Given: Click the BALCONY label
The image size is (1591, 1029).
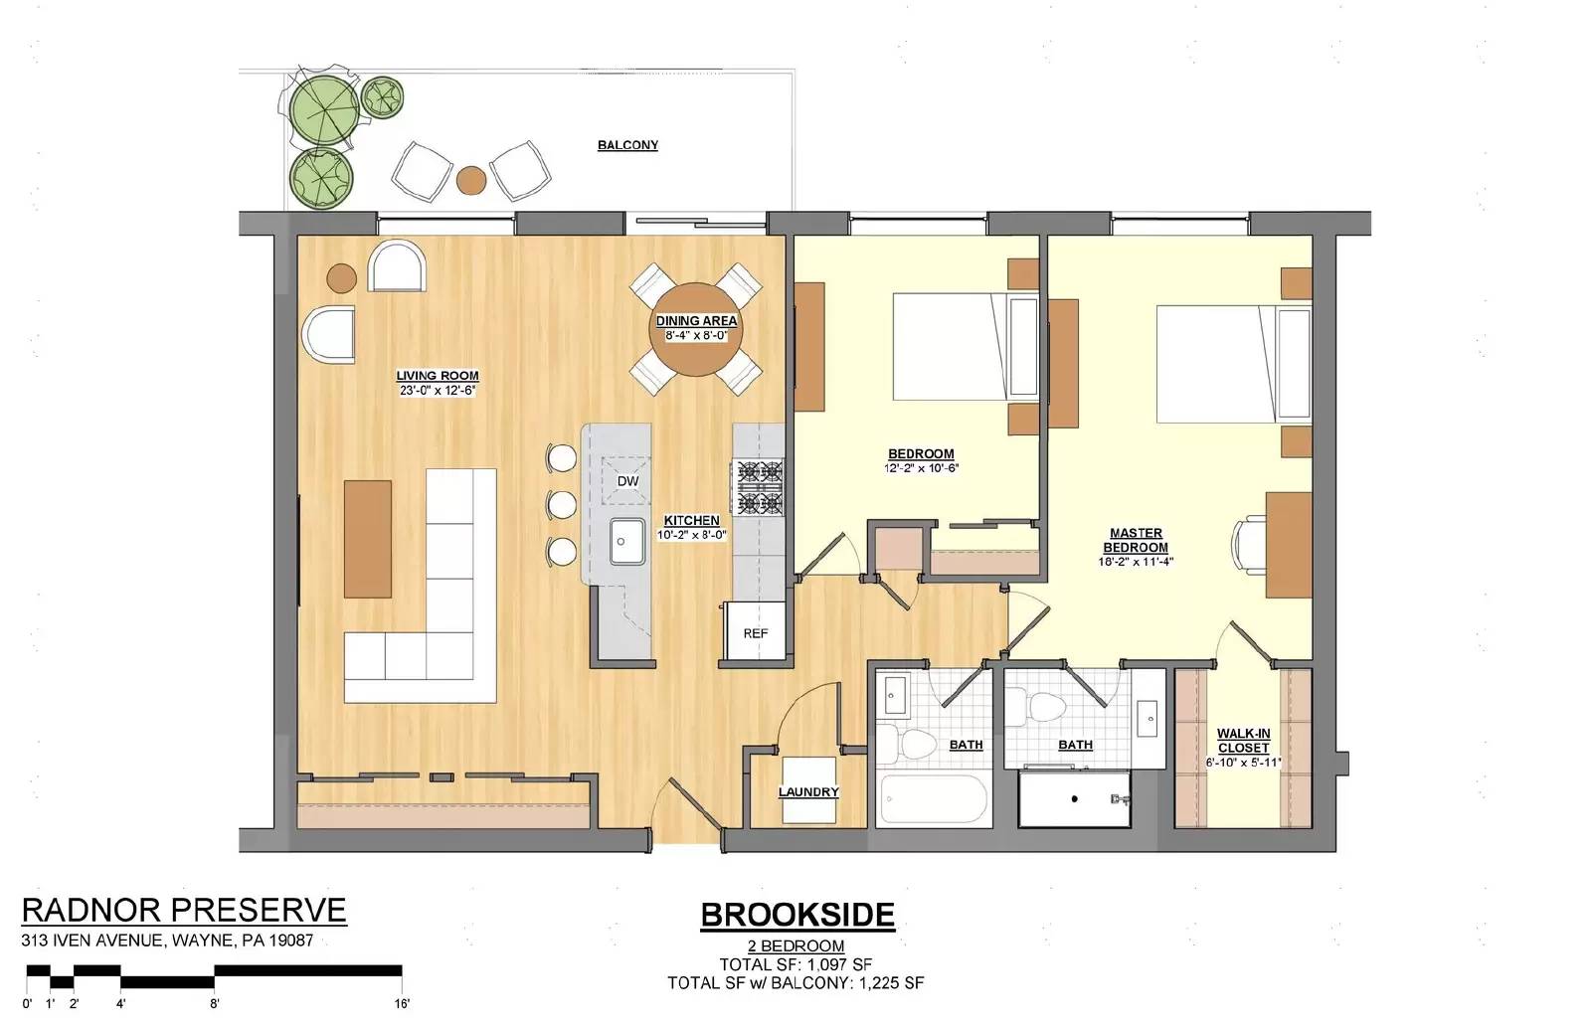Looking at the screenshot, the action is (x=627, y=145).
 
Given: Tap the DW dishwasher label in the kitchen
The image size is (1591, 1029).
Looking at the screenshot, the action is (x=627, y=481).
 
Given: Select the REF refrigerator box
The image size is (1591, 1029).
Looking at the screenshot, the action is (x=755, y=631).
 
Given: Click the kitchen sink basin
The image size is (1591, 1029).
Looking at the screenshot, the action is (x=627, y=541).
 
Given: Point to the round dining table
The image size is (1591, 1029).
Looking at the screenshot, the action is (x=696, y=329).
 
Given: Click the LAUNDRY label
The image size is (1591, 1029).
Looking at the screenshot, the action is (x=808, y=791).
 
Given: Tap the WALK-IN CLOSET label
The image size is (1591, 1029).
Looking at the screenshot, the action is (x=1243, y=741).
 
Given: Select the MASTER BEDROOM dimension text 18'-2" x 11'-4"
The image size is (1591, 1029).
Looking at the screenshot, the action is (x=1136, y=562).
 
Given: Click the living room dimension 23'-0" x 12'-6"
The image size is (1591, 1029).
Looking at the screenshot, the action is (x=438, y=390).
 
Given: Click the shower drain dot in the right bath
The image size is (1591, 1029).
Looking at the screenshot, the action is (x=1075, y=799).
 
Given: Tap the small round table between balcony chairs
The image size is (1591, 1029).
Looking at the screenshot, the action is (x=471, y=180).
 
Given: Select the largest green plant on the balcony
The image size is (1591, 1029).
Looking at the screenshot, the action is (x=324, y=110).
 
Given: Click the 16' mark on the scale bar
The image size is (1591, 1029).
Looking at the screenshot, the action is (x=402, y=1003).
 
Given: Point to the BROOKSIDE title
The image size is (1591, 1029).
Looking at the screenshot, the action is (x=797, y=915).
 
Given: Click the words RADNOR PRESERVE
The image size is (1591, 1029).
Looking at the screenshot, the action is (x=184, y=910).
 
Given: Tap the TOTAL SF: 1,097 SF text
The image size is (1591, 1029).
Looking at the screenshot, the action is (x=795, y=964).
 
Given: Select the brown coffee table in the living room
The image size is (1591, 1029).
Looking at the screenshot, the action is (x=368, y=539).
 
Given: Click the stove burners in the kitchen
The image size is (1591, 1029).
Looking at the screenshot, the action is (x=760, y=487).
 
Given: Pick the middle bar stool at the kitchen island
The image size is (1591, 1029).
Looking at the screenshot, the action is (x=561, y=504).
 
